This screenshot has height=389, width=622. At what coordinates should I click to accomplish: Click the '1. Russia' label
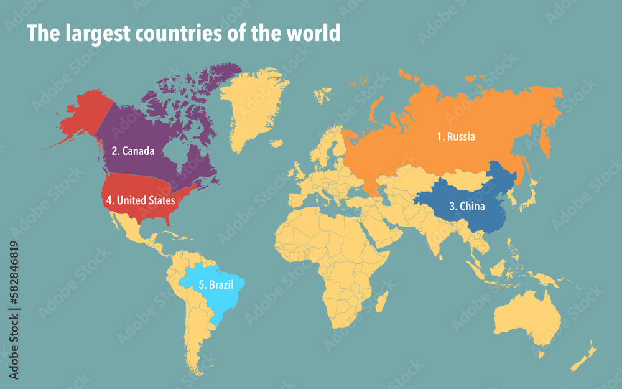455,136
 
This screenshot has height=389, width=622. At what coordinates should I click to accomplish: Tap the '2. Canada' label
132,151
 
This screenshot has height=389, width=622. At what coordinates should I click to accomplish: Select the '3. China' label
466,206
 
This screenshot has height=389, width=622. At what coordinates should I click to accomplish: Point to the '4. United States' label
140,200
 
